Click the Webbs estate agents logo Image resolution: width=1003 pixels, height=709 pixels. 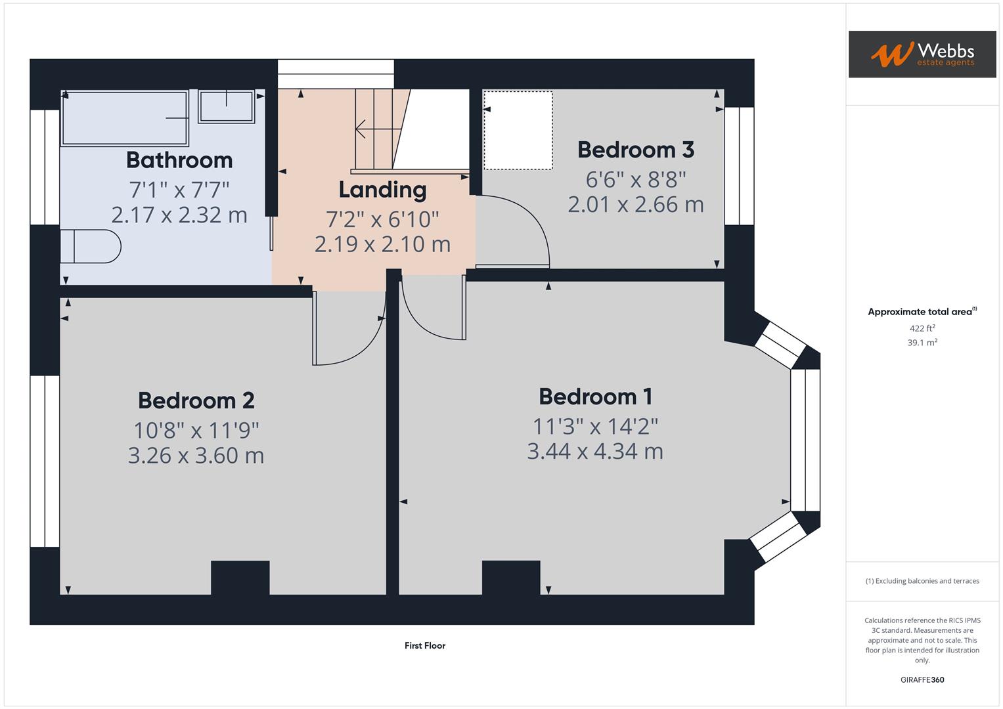click(x=922, y=54)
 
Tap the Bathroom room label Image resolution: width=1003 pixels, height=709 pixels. click(x=179, y=160)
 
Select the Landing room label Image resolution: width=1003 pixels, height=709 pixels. click(x=382, y=190)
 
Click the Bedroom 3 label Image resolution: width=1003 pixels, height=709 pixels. click(x=635, y=150)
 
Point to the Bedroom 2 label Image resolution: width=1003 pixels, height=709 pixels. click(x=196, y=400)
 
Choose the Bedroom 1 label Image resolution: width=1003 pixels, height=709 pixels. click(x=595, y=397)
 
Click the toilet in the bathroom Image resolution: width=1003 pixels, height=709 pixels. click(x=91, y=246)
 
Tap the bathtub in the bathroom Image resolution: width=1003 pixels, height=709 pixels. click(x=125, y=118)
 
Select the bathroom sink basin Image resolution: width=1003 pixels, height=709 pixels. click(x=227, y=106)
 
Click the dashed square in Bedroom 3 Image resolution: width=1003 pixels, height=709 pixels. click(x=518, y=130)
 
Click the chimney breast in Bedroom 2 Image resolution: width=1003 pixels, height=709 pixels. click(x=240, y=577)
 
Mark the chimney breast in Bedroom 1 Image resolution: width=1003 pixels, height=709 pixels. click(x=511, y=577)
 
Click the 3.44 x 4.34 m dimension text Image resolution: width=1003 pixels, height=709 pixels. click(x=595, y=452)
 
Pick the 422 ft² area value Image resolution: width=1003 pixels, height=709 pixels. click(x=922, y=328)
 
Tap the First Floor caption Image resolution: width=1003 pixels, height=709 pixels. click(x=425, y=645)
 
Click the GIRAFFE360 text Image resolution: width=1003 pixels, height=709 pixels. click(x=922, y=679)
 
